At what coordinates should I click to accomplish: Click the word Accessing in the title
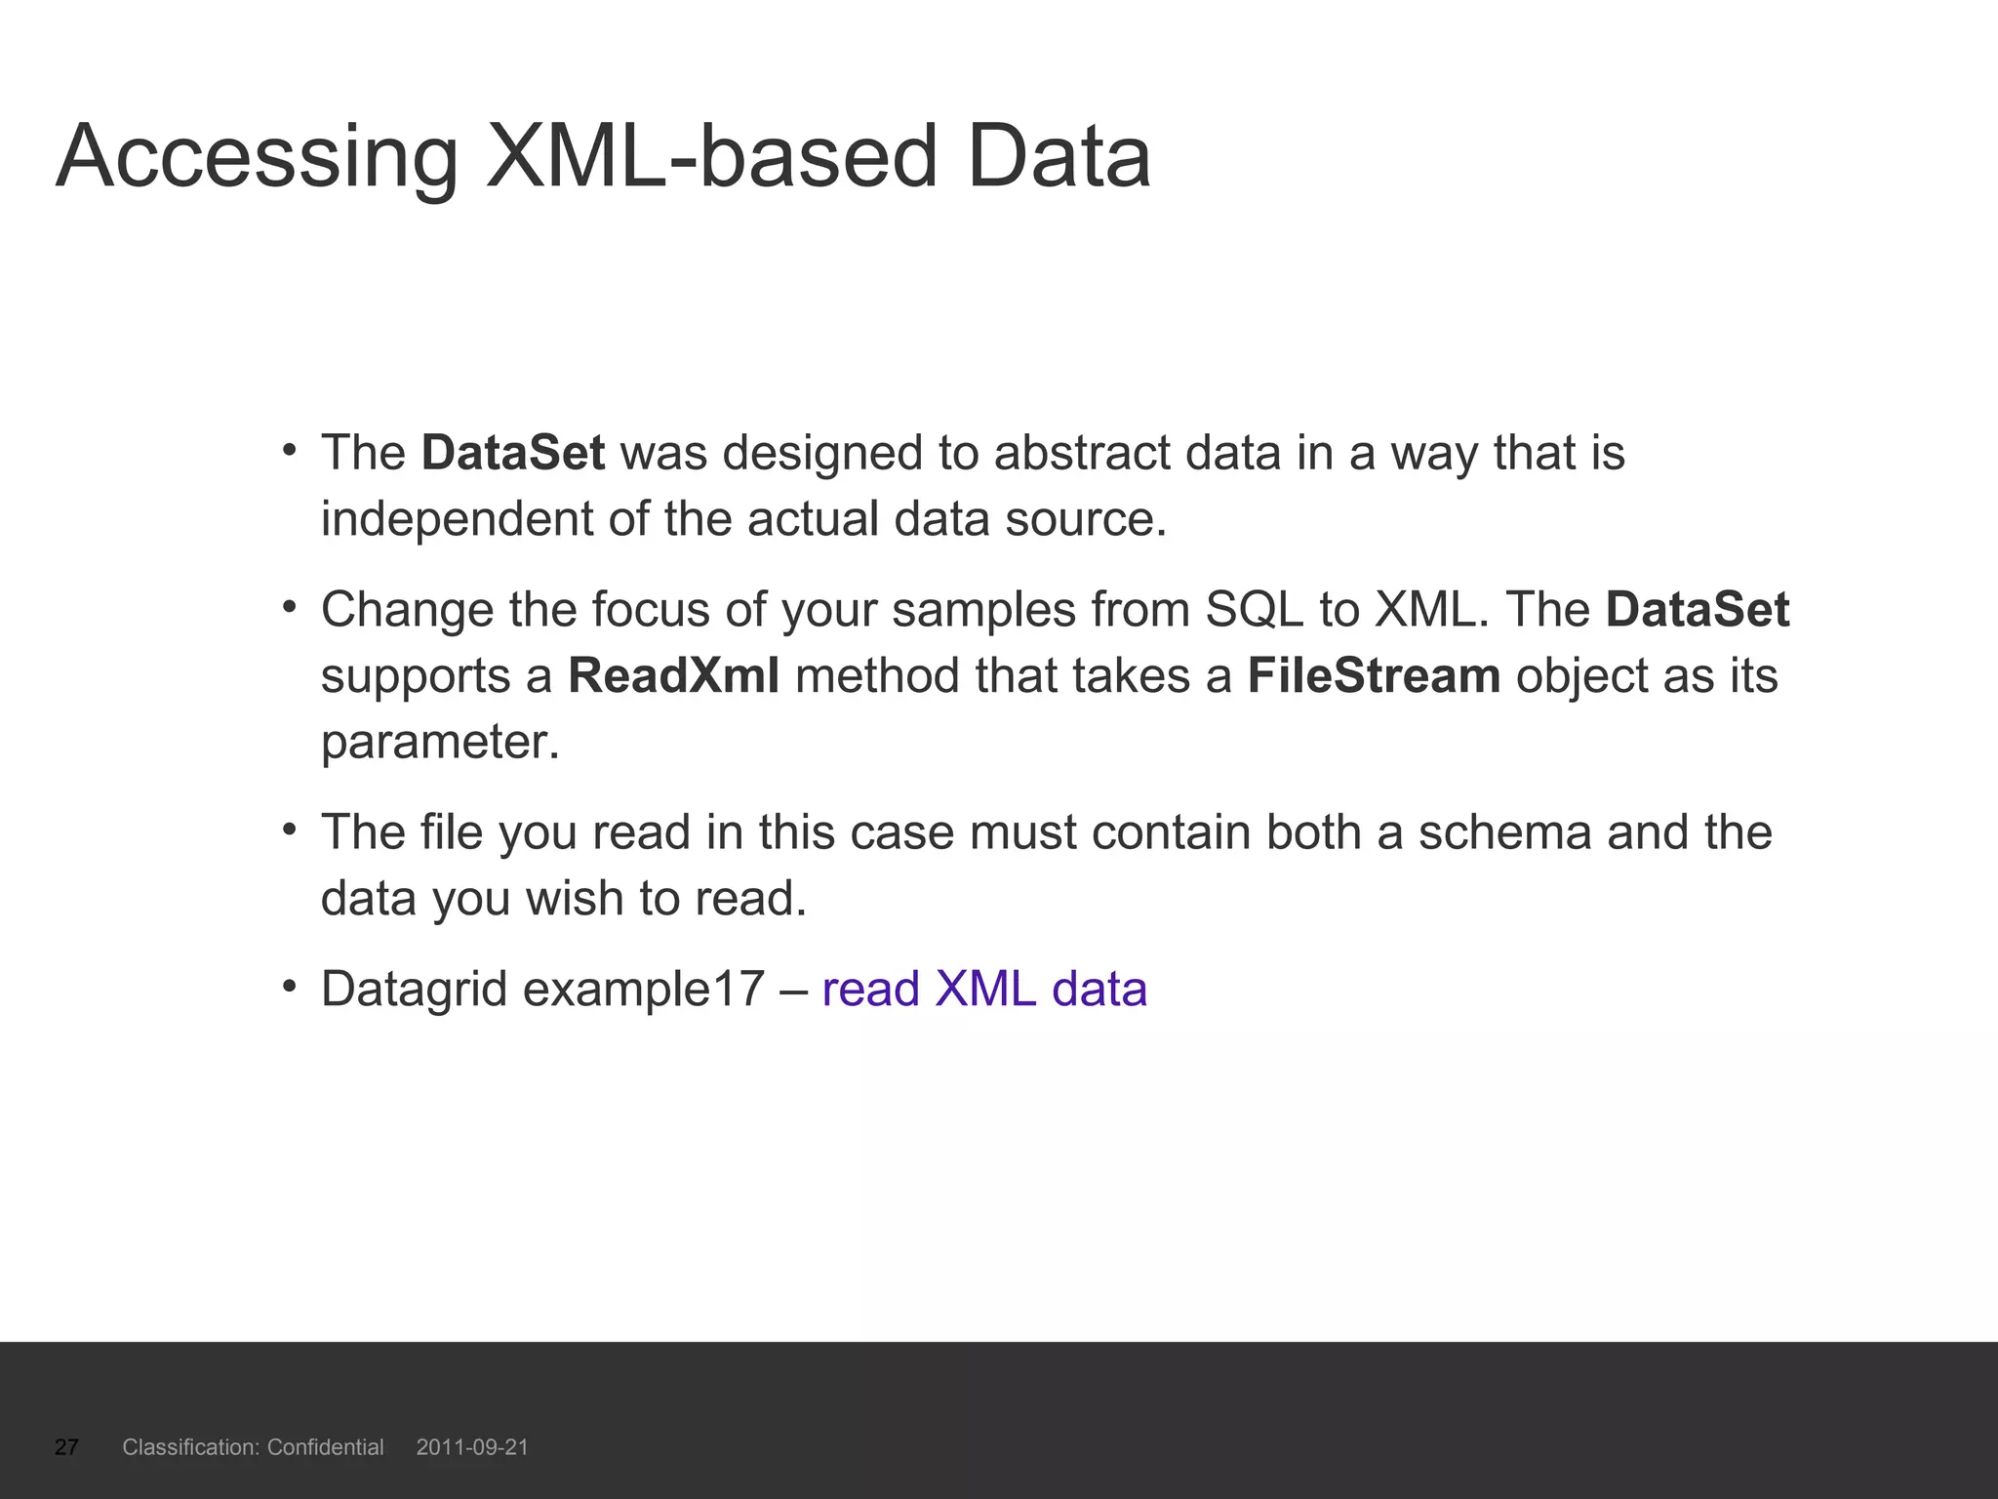257,158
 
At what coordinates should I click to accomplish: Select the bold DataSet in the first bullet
513,454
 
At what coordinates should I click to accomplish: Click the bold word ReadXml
674,676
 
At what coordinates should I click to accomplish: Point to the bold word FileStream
1374,676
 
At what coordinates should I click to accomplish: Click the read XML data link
984,990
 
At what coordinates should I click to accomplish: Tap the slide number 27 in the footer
66,1447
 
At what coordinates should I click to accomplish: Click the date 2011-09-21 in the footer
472,1447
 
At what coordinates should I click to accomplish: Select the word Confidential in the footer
325,1447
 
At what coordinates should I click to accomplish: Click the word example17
644,990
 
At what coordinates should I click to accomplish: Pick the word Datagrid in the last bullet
415,990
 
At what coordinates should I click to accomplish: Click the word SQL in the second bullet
1255,611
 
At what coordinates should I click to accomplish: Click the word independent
457,519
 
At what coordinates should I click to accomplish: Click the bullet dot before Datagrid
289,987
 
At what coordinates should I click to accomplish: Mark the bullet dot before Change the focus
289,607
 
